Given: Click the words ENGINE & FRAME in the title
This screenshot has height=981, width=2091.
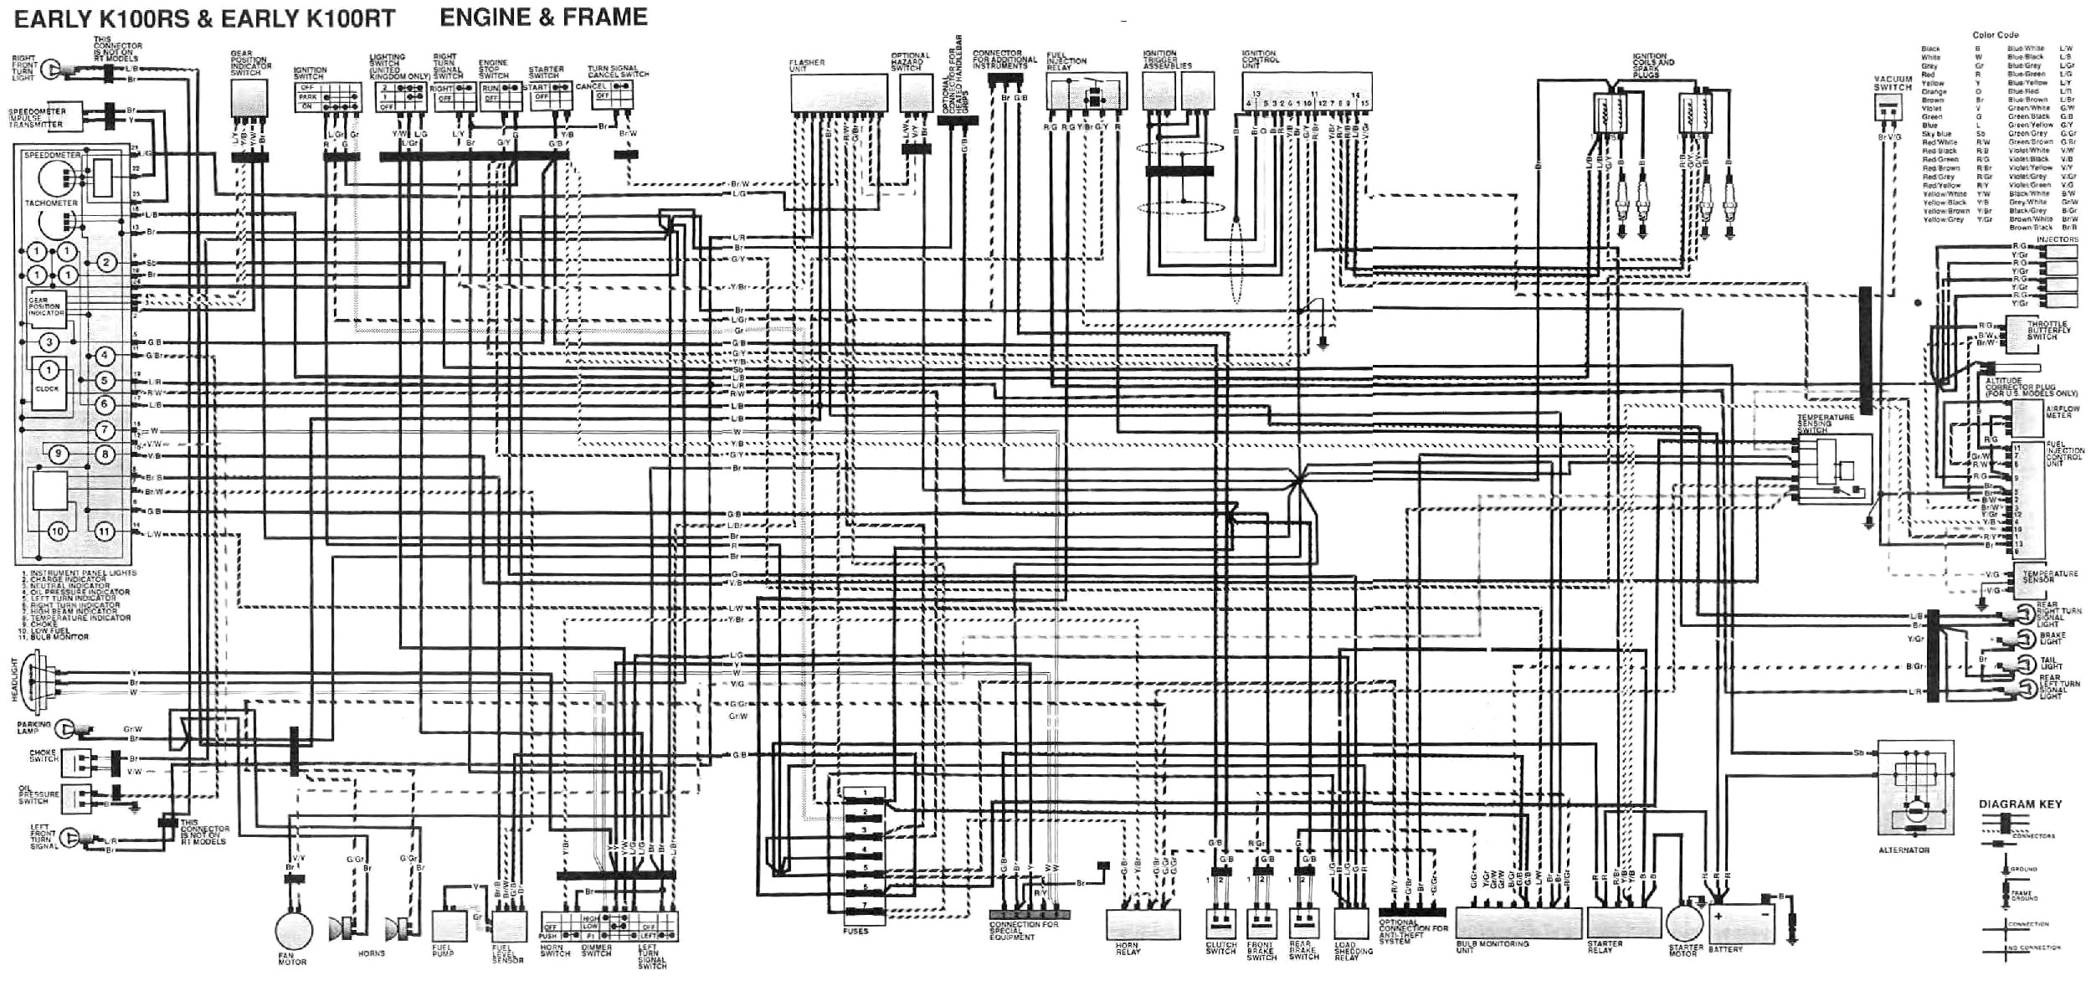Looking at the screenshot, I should [543, 18].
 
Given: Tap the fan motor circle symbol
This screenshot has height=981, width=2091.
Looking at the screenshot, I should [294, 931].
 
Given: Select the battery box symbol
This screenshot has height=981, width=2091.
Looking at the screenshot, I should [1741, 925].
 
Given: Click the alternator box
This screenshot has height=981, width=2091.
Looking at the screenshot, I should [1916, 788].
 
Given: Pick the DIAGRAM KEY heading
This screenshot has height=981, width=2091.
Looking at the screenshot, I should [2020, 804].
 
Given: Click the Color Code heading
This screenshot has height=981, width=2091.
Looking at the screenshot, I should [1995, 35].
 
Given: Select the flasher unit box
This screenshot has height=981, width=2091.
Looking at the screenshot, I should [839, 92].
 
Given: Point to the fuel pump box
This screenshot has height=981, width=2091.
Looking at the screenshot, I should [450, 926].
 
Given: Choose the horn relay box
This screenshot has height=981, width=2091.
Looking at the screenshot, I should [1143, 925].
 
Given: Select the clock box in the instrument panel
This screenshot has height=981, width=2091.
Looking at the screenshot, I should [49, 383].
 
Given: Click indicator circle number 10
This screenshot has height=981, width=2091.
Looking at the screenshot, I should [58, 532].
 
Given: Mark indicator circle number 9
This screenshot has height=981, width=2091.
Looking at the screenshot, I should [58, 455].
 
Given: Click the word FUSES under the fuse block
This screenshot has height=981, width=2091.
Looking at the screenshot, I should [855, 931].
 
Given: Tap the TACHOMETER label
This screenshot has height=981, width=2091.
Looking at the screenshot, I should [51, 203].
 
